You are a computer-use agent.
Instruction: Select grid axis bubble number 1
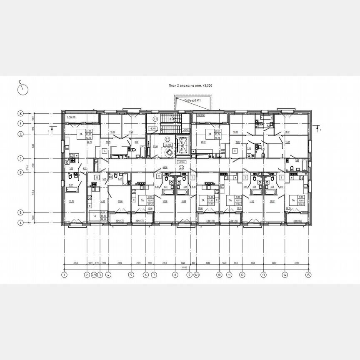point(64,275)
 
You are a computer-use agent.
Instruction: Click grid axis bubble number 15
point(308,275)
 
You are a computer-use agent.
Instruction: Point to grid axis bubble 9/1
point(196,275)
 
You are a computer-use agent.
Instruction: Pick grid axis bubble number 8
point(175,275)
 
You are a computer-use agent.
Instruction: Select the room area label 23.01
point(204,142)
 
